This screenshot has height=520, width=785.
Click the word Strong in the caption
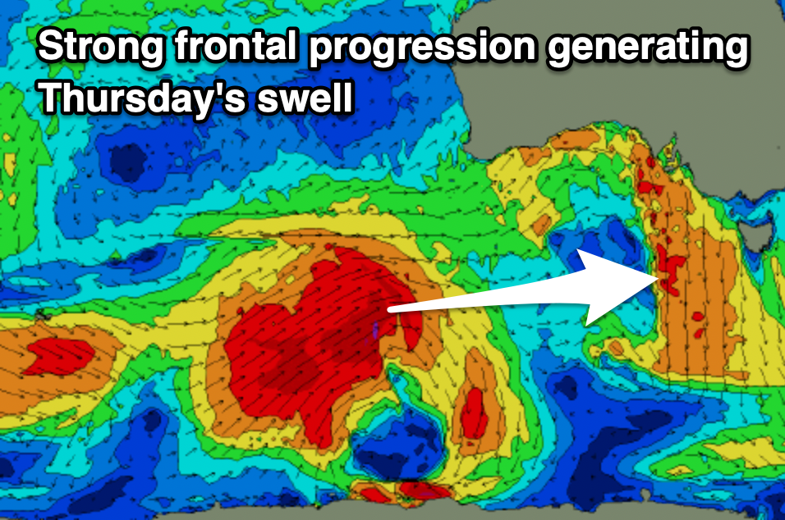101,47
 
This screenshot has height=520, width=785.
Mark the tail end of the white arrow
389,310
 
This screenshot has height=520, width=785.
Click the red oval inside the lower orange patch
473,413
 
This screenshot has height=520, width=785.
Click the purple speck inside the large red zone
375,330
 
